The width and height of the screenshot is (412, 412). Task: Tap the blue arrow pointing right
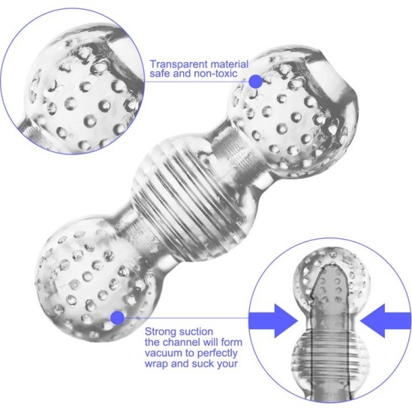pyautogui.click(x=278, y=318)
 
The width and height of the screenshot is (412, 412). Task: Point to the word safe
pyautogui.click(x=161, y=76)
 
